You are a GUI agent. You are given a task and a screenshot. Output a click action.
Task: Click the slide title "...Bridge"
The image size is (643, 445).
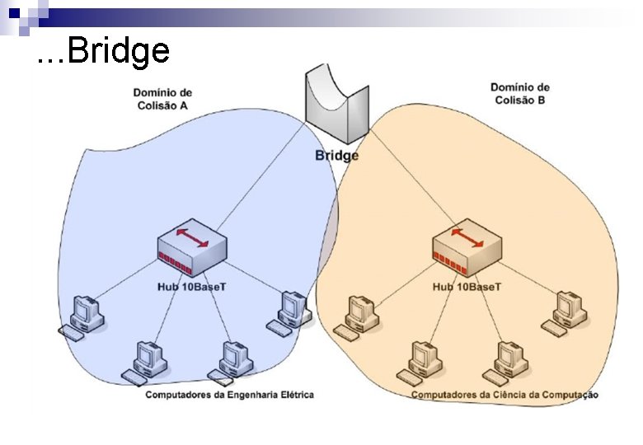pos(104,52)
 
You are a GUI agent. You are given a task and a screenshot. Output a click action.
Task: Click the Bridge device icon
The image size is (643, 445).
pos(336,105)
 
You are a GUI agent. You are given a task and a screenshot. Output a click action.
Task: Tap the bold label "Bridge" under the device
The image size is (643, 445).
pos(337,155)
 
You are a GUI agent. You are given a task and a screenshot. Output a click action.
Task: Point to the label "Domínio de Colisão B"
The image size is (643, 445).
pos(519,93)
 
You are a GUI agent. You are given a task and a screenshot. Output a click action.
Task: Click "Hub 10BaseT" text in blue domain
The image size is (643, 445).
pos(191,287)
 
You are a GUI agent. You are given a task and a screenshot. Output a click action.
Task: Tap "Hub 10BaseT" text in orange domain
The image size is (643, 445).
pos(467,287)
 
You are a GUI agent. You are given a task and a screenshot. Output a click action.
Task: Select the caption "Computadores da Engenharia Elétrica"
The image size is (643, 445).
pos(229,395)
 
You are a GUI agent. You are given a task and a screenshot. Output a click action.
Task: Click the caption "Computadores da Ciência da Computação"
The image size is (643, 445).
pos(505,395)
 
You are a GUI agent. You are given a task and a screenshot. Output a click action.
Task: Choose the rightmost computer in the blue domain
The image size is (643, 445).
pos(290,311)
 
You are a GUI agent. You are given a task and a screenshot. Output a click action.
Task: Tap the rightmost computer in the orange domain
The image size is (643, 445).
pos(566,311)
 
